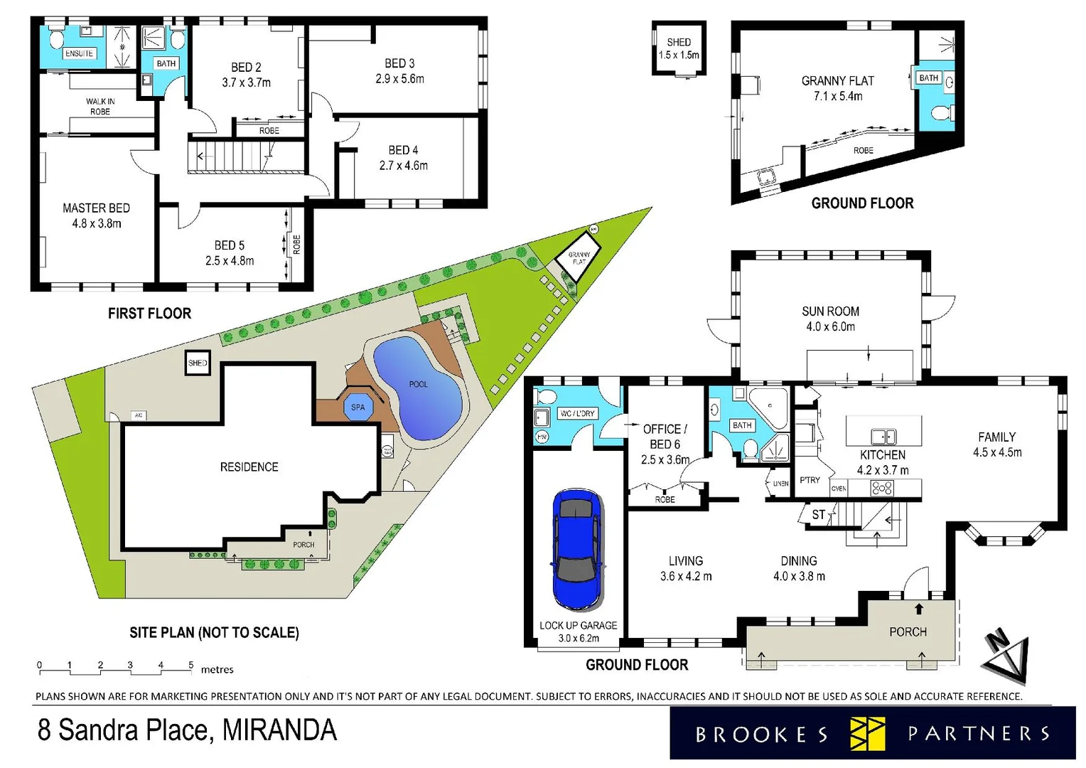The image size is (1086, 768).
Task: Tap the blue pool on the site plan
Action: pyautogui.click(x=417, y=388)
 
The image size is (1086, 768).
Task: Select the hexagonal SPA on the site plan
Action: pyautogui.click(x=357, y=407)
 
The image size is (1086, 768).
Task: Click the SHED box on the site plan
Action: pyautogui.click(x=198, y=363)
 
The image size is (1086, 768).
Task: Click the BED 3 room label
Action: pyautogui.click(x=399, y=71)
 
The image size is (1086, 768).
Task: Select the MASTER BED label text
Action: pyautogui.click(x=96, y=208)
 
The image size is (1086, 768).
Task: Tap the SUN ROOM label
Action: pyautogui.click(x=830, y=311)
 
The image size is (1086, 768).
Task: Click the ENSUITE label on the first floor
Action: pyautogui.click(x=79, y=53)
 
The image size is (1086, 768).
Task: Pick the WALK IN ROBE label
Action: pyautogui.click(x=100, y=107)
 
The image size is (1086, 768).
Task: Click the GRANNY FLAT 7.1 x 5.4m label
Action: pyautogui.click(x=837, y=88)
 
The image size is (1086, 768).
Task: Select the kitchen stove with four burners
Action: pyautogui.click(x=882, y=488)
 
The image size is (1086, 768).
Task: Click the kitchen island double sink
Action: pyautogui.click(x=883, y=437)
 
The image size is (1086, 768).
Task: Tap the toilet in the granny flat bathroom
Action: pyautogui.click(x=942, y=113)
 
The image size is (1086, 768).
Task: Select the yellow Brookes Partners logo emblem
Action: pyautogui.click(x=867, y=734)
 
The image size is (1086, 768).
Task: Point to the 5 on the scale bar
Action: pyautogui.click(x=190, y=666)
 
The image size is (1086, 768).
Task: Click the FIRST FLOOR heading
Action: pyautogui.click(x=149, y=314)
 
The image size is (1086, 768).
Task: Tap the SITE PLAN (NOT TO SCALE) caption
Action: pyautogui.click(x=214, y=632)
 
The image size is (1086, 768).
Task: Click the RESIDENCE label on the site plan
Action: pyautogui.click(x=249, y=467)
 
